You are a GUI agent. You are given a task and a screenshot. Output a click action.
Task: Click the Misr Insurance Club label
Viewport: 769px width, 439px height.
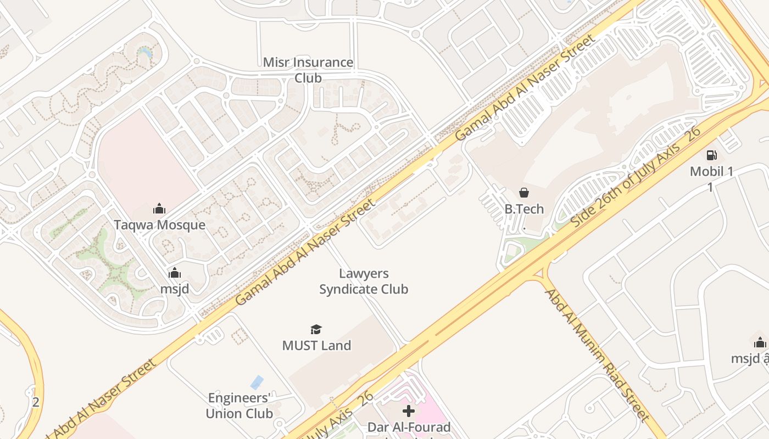tap(308, 70)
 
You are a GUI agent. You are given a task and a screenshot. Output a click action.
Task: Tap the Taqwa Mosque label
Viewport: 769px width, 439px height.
tap(159, 224)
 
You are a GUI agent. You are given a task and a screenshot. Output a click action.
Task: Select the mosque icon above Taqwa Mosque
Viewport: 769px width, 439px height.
tap(159, 209)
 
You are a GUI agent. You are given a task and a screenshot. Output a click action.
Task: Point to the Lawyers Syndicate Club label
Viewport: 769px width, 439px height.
tap(364, 281)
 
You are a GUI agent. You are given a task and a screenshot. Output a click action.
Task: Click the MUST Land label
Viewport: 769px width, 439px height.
tap(316, 345)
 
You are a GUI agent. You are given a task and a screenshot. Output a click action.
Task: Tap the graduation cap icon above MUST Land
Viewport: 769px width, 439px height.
tap(316, 329)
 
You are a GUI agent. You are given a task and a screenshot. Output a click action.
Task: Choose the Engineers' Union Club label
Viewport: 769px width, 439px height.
tap(239, 405)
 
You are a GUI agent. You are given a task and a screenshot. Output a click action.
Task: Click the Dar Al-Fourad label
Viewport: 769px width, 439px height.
tap(409, 427)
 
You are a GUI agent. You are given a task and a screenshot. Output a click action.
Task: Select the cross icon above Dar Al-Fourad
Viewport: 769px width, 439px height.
tap(409, 410)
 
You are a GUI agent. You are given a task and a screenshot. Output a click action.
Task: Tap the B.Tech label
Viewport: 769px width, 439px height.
tap(524, 209)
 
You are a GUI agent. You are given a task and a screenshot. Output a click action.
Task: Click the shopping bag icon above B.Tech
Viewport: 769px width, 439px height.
tap(524, 193)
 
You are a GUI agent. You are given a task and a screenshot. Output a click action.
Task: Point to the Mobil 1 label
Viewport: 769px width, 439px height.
tap(711, 172)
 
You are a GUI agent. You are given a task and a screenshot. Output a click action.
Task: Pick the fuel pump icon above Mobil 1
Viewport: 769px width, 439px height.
tap(711, 155)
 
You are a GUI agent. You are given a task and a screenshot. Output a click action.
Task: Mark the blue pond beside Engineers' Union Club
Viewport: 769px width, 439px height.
tap(257, 382)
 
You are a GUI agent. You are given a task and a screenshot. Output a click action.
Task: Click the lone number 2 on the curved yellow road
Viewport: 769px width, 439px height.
tap(36, 402)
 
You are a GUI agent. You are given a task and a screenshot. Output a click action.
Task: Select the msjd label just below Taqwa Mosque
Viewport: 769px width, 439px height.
tap(174, 289)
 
